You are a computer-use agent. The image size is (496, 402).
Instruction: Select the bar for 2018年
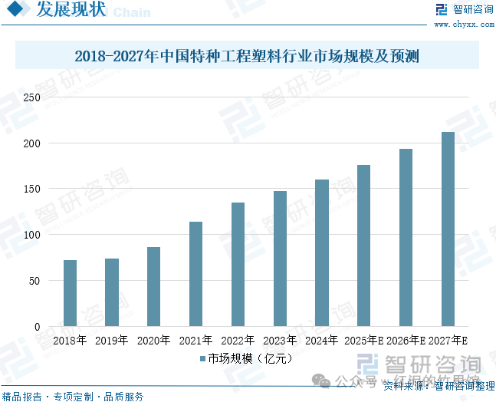[70, 293]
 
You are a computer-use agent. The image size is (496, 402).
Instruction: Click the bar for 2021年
[195, 274]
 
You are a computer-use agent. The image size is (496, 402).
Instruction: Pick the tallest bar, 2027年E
[448, 229]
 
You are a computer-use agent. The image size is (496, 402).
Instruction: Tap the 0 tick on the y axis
[36, 327]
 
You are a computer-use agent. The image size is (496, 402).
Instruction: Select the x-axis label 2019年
[112, 340]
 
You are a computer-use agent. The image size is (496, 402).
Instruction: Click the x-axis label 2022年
[238, 340]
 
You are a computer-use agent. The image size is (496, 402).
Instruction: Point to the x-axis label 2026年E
[406, 340]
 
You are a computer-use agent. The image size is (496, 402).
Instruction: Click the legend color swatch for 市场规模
[202, 358]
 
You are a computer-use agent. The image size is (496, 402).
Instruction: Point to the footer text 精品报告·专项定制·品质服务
[74, 396]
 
